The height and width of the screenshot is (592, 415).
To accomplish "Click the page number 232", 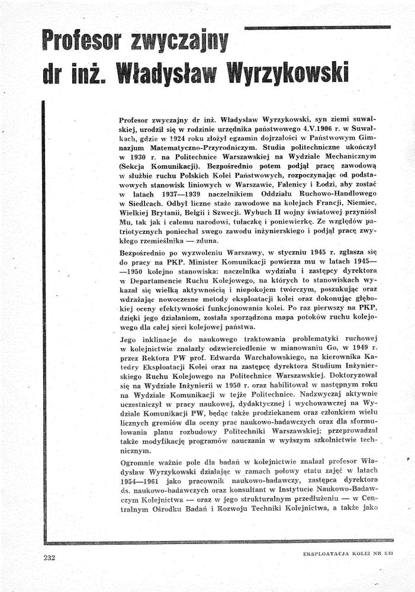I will click(x=49, y=556).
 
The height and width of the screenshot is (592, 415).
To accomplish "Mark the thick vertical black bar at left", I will click(x=44, y=320).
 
